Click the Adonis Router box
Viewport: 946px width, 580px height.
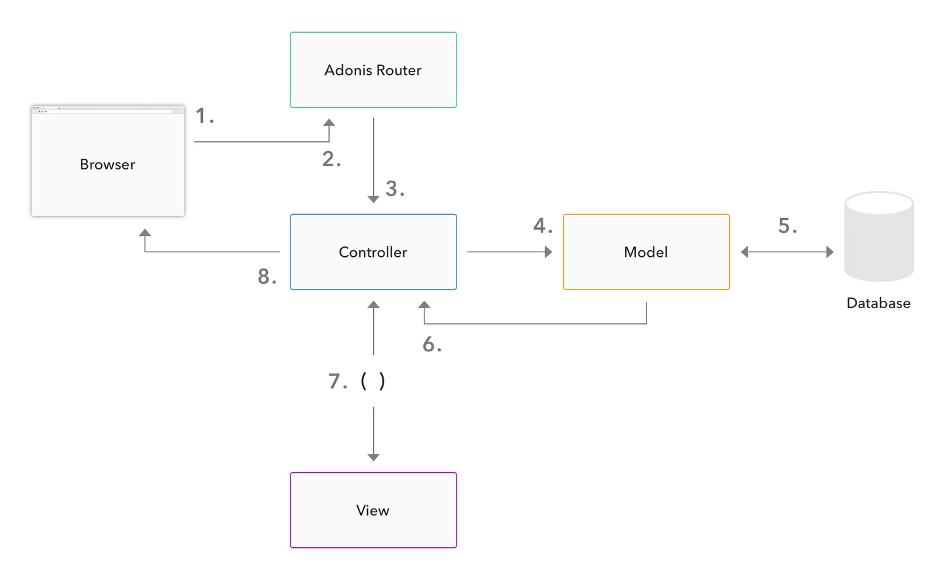(373, 70)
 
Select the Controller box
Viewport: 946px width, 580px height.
(373, 252)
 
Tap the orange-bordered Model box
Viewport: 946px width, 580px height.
(646, 252)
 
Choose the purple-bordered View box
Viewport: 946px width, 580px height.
(373, 510)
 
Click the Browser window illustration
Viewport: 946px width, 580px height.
(108, 164)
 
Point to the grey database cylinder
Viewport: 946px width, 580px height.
(878, 236)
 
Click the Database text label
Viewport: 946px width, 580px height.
(878, 303)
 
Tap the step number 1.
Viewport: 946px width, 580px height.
(204, 116)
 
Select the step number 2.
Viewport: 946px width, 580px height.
(331, 159)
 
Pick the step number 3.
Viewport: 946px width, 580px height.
(394, 189)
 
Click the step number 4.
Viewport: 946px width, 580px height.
(543, 226)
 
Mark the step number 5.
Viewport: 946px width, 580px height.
(787, 226)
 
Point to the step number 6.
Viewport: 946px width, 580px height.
(432, 344)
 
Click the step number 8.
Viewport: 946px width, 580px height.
(267, 277)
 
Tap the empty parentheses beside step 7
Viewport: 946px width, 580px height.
(373, 381)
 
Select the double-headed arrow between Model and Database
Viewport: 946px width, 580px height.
(787, 252)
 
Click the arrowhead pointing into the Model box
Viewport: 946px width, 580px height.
(549, 252)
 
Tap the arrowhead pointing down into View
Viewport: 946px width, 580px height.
(373, 457)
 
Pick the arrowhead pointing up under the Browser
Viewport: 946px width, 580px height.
(145, 233)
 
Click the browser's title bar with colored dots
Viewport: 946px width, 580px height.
(108, 108)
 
